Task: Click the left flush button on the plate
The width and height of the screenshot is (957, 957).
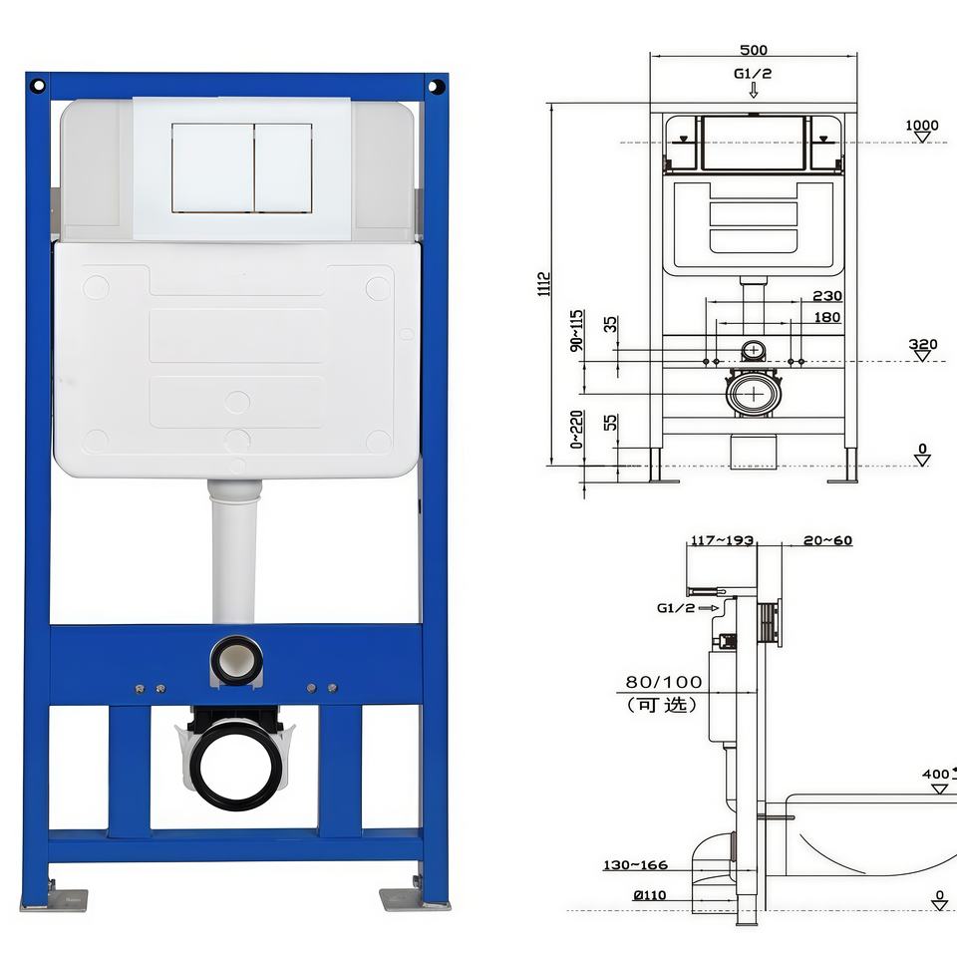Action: (x=213, y=167)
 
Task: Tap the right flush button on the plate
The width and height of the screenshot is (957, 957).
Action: (x=284, y=167)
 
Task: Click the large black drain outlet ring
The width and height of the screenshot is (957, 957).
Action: (x=235, y=765)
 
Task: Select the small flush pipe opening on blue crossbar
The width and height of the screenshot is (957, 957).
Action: (x=237, y=660)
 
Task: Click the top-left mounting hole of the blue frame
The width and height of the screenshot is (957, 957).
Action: (x=38, y=86)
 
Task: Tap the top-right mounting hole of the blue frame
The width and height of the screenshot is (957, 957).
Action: (x=436, y=86)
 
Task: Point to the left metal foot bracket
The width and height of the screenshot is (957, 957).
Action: (x=54, y=899)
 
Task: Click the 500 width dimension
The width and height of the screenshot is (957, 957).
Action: (x=754, y=50)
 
